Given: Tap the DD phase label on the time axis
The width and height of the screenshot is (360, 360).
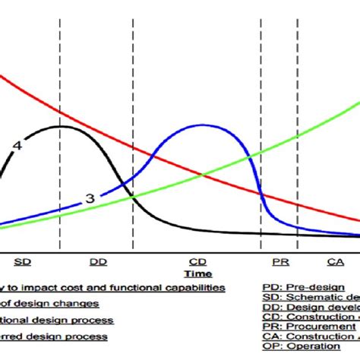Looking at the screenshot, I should [98, 261].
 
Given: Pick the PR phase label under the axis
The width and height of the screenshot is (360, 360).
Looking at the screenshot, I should [279, 261].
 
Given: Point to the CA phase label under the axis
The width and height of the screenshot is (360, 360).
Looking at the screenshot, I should [335, 261].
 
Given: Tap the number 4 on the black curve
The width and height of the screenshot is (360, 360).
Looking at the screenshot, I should [16, 144].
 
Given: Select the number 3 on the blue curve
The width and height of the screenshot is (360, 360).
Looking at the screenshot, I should [90, 198].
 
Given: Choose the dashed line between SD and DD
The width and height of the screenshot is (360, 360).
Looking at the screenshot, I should [60, 76].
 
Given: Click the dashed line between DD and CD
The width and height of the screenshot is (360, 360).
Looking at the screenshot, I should [133, 76].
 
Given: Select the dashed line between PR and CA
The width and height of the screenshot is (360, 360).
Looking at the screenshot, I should [298, 76].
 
